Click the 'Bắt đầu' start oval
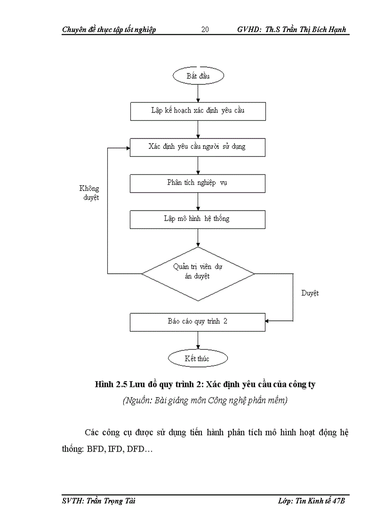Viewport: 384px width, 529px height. (198, 75)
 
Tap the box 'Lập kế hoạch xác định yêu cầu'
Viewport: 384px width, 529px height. (198, 111)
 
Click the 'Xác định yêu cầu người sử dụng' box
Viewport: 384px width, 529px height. (198, 147)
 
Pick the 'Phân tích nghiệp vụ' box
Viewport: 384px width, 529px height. (198, 183)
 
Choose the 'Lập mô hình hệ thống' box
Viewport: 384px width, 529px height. (198, 219)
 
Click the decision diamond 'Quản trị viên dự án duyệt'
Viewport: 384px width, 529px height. (198, 273)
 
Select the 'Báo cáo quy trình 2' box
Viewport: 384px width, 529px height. (198, 322)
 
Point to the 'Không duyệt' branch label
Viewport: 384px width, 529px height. (89, 193)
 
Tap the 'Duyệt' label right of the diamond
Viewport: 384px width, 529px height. (310, 293)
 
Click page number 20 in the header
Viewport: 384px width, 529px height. (205, 30)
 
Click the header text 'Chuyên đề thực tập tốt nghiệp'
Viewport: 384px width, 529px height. (109, 30)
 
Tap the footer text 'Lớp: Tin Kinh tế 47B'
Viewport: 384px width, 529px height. (312, 501)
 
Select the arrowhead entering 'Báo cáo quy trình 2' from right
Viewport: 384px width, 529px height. (268, 322)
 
